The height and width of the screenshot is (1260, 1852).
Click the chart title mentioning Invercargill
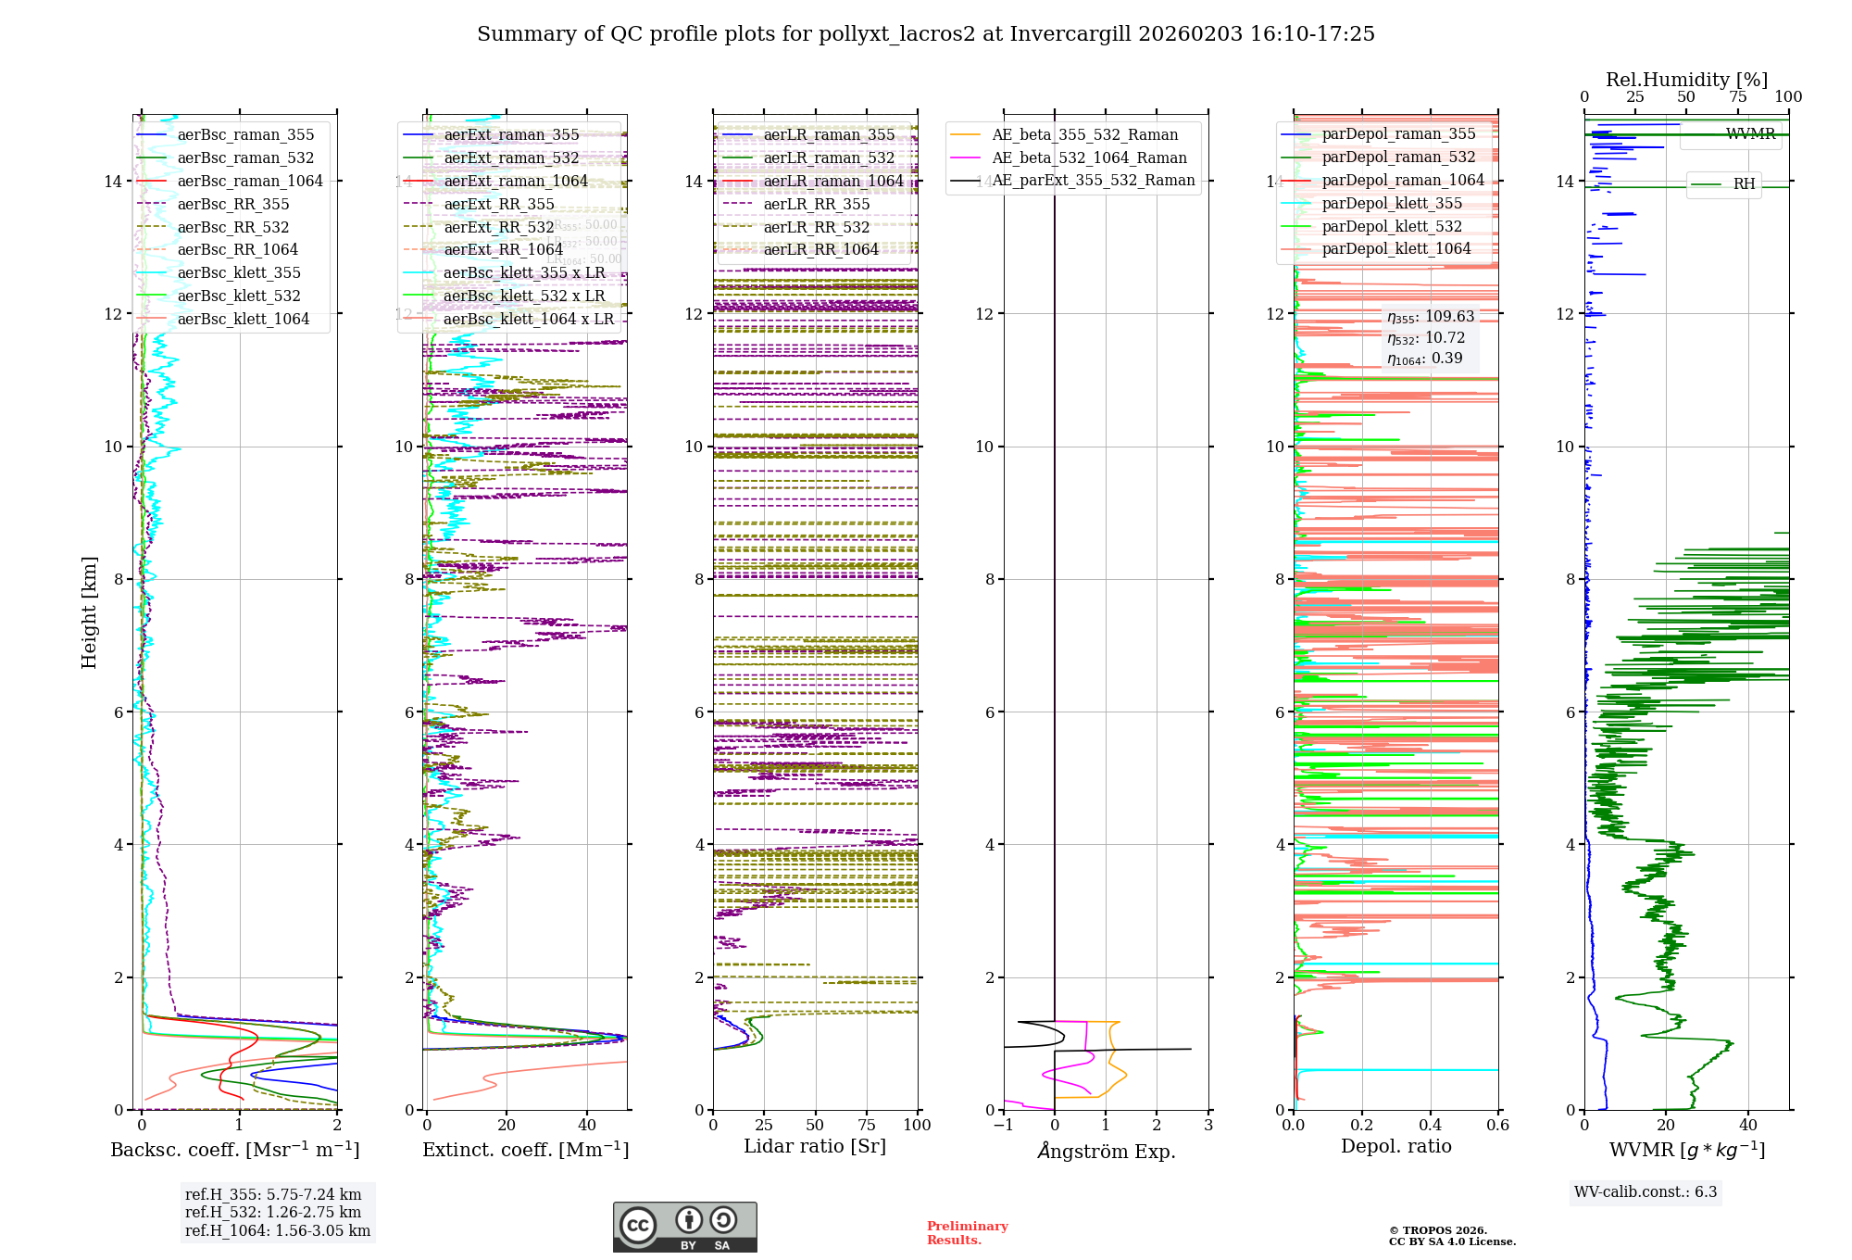[926, 34]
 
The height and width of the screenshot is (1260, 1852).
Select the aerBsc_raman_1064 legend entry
[250, 181]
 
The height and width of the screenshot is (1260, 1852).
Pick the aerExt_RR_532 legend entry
[499, 227]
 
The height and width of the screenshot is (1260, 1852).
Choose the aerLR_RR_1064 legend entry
[820, 249]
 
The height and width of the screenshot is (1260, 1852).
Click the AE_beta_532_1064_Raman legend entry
[1089, 157]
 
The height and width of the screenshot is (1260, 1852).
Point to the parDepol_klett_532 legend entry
[1392, 226]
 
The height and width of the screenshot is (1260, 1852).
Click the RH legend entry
[1744, 183]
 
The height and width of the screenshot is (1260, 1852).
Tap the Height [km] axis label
[89, 612]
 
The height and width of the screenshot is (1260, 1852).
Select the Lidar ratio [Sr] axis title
[815, 1146]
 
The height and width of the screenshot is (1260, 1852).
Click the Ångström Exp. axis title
[1107, 1152]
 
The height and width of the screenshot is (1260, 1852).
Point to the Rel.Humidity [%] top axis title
[1686, 80]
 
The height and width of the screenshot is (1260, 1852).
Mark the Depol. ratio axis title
[1396, 1146]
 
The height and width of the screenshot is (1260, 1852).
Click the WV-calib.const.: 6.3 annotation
[1646, 1191]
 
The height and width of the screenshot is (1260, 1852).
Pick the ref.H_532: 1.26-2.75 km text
[273, 1212]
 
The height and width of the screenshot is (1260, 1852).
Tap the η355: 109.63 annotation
[1431, 317]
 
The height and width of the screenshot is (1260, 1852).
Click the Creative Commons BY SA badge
[684, 1227]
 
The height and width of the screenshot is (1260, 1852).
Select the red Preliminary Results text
[967, 1232]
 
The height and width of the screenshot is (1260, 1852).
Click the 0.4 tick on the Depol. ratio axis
[1431, 1125]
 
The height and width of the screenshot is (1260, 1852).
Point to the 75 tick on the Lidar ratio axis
[867, 1125]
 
